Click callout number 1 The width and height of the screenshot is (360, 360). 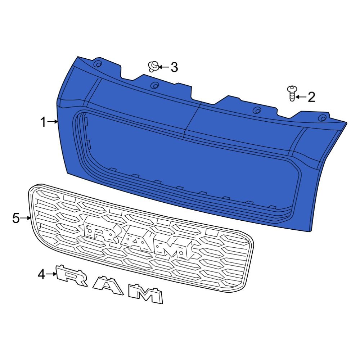(43, 122)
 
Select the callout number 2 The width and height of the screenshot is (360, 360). (311, 97)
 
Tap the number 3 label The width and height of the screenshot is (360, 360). (174, 67)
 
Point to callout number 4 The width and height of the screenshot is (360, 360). (42, 275)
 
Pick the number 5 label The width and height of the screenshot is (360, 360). (16, 218)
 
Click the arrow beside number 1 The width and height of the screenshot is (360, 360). (53, 122)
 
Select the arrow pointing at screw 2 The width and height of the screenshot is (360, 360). (301, 96)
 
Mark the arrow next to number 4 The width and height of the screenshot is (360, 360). (52, 274)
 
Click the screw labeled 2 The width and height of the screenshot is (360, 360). (292, 93)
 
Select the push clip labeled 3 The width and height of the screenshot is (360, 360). (153, 66)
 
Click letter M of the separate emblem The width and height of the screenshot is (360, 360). (146, 294)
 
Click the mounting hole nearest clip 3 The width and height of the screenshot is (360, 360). (154, 85)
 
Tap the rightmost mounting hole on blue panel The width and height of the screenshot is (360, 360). (323, 118)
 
